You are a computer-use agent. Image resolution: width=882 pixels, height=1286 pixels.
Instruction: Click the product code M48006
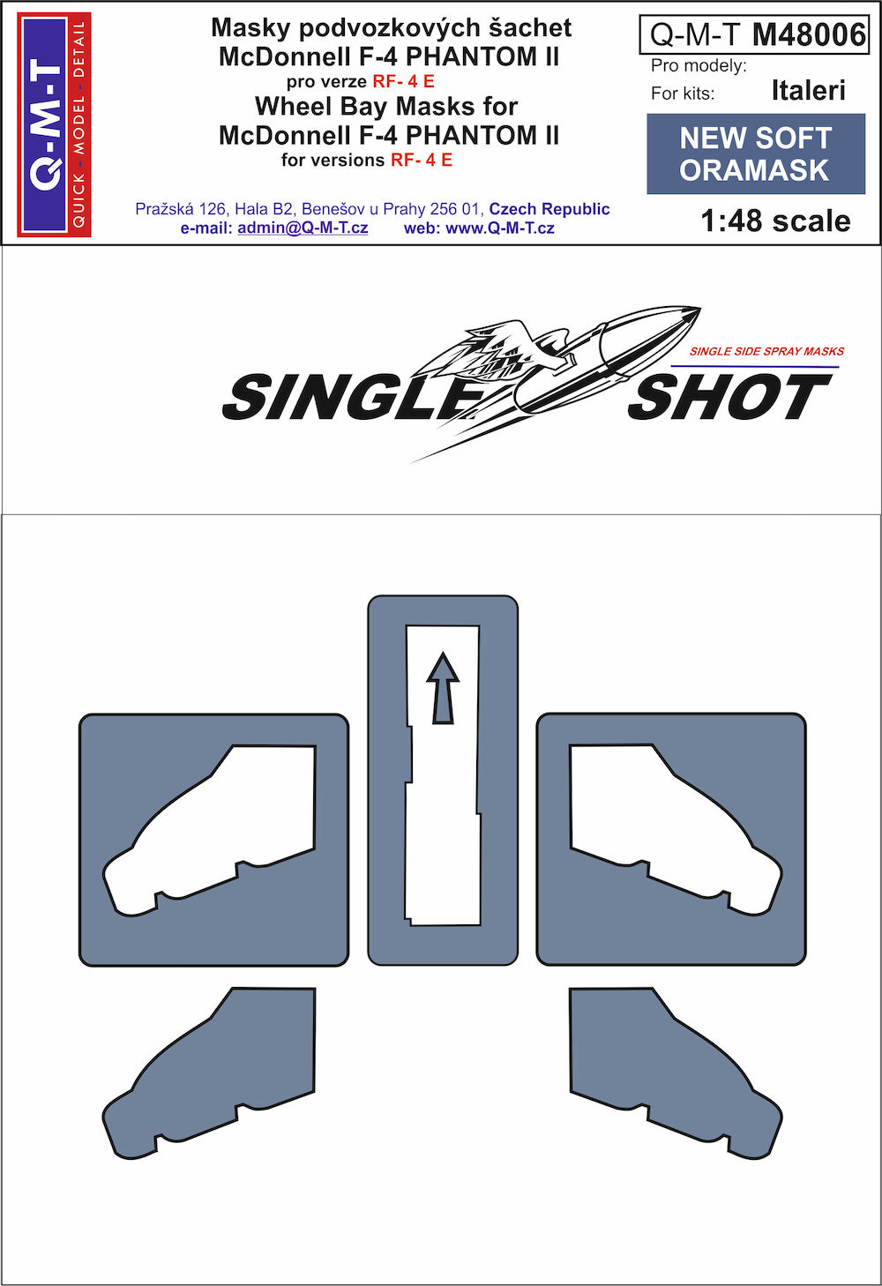point(809,35)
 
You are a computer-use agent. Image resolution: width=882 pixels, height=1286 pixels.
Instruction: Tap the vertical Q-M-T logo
point(55,124)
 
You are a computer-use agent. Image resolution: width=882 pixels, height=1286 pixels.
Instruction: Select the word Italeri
point(808,91)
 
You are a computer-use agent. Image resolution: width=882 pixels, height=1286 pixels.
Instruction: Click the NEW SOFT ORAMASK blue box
point(756,153)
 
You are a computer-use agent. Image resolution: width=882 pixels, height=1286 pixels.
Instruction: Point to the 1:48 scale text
point(775,221)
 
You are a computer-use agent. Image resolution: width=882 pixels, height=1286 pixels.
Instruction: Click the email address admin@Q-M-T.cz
point(303,228)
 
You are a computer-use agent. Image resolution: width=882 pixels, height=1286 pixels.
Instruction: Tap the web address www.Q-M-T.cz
point(499,228)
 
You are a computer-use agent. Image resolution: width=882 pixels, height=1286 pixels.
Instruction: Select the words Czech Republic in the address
point(549,209)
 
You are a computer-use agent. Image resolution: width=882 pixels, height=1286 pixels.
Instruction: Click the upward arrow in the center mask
point(443,686)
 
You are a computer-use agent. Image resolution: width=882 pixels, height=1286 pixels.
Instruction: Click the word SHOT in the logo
point(730,395)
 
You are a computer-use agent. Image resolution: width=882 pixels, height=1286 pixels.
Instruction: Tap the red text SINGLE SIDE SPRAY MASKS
point(766,351)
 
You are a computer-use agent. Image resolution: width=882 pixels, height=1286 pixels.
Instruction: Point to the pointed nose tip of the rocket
point(699,309)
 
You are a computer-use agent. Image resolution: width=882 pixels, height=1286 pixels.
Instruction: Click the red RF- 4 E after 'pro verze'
point(404,81)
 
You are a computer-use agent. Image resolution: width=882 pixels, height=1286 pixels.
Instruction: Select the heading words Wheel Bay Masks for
point(386,106)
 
